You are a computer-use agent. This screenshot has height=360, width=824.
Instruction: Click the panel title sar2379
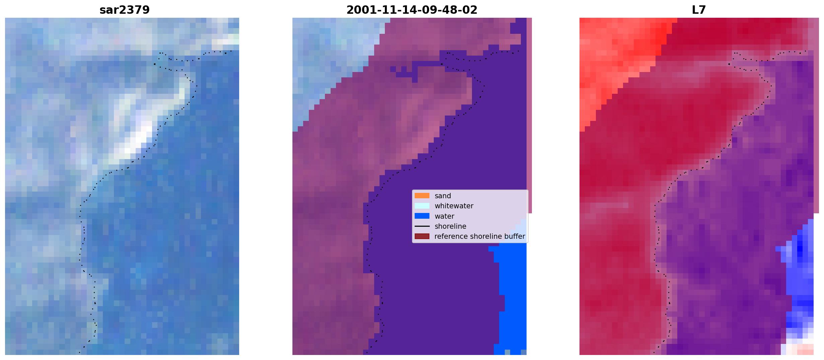[124, 10]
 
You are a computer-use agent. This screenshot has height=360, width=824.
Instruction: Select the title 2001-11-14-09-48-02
[412, 10]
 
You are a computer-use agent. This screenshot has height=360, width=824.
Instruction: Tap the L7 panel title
[699, 10]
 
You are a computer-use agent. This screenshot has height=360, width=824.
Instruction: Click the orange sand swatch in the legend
[422, 196]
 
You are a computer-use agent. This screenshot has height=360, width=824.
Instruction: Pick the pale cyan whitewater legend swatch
[422, 206]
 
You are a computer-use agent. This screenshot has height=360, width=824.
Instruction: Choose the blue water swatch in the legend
[422, 216]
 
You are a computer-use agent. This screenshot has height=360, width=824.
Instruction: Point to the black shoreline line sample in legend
[422, 226]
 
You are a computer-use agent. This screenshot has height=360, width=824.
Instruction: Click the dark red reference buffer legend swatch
[422, 236]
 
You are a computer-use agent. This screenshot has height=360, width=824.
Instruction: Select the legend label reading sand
[443, 196]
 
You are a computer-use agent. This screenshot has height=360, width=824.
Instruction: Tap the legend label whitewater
[454, 206]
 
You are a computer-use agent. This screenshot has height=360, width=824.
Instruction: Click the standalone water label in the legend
[444, 216]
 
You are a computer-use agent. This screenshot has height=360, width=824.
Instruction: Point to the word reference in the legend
[451, 236]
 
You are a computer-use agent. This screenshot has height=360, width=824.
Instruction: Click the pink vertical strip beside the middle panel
[529, 116]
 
